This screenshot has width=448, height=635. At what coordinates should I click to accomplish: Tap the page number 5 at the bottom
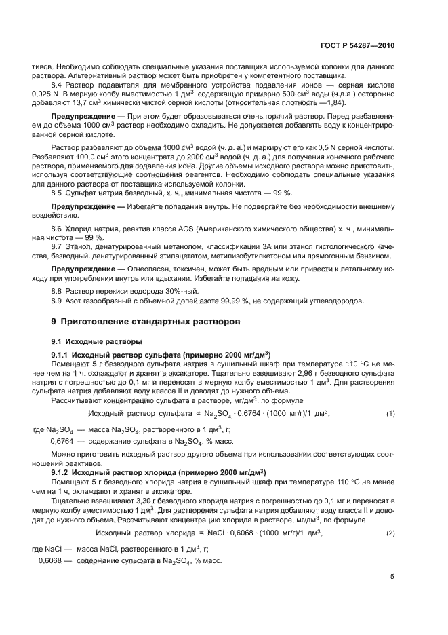click(x=392, y=577)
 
